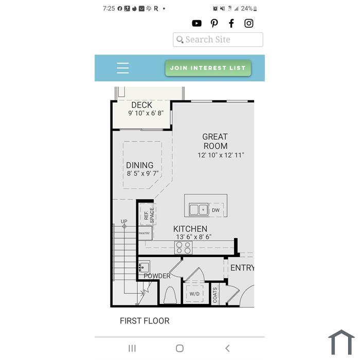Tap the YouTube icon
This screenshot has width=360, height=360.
196,23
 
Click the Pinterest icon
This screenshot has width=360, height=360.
214,23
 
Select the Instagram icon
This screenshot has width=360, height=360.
248,23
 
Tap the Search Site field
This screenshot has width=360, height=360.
218,40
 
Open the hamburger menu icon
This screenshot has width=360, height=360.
122,68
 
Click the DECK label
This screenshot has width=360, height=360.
141,105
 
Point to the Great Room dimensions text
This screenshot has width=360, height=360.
221,155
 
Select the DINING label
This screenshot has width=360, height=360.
139,165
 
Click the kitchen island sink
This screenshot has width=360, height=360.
199,210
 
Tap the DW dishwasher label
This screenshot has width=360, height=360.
215,210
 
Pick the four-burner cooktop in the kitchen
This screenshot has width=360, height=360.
183,247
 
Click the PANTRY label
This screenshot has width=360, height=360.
144,233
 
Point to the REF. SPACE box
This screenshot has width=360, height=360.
148,214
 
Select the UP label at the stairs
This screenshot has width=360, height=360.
124,221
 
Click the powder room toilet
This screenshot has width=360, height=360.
170,296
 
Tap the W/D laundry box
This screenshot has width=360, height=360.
194,294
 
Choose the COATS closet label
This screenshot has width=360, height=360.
215,295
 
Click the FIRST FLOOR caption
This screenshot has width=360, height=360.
145,321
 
